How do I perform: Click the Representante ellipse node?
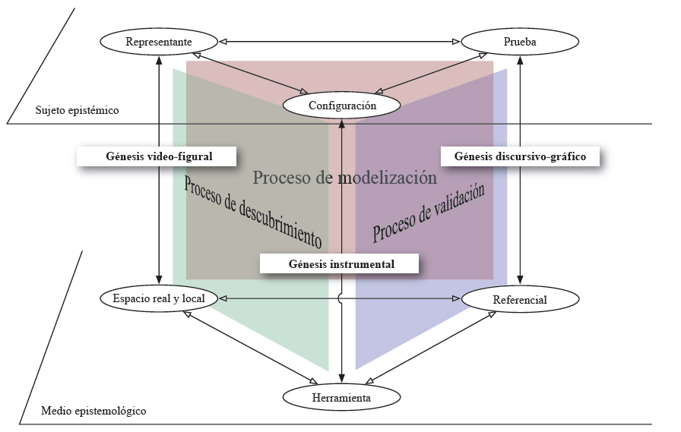coord(160,42)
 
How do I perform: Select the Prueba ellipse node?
coord(520,42)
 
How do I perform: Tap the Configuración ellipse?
coord(342,106)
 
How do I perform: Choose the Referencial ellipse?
coord(519,300)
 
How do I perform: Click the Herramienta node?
coord(340,397)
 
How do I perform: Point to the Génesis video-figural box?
coord(158,156)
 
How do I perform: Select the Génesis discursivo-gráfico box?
coord(519,157)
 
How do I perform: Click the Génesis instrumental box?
coord(340,264)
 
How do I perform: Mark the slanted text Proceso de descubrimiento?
coord(252,211)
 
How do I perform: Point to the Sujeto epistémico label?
coord(77,111)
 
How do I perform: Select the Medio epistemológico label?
coord(93,411)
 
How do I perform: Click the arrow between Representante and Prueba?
coord(340,41)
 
